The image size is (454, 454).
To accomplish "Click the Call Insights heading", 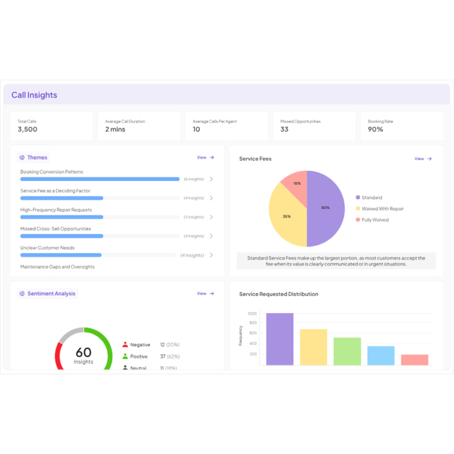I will coord(34,95).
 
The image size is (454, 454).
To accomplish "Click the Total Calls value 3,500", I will coord(27,129).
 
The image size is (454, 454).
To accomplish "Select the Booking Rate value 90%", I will coord(375,129).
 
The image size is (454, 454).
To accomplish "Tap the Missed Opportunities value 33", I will coord(284,129).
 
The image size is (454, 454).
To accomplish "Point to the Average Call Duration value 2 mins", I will coord(115,129).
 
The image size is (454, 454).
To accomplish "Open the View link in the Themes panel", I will coord(205,158).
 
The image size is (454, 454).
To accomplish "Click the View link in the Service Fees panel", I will coord(423,159).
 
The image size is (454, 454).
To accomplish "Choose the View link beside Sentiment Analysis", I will coord(205,294).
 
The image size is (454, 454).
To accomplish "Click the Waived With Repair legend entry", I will coord(382,209).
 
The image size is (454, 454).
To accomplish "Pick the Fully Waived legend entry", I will coord(375,220).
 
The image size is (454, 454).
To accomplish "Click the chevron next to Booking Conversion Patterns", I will coord(211,179).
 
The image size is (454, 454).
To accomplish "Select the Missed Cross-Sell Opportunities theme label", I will coord(55,229).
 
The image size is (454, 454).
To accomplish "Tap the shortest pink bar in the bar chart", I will coord(415,360).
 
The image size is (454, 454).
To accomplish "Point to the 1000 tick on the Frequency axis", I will coord(252,314).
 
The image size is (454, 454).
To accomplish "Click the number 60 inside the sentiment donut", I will coord(84,352).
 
